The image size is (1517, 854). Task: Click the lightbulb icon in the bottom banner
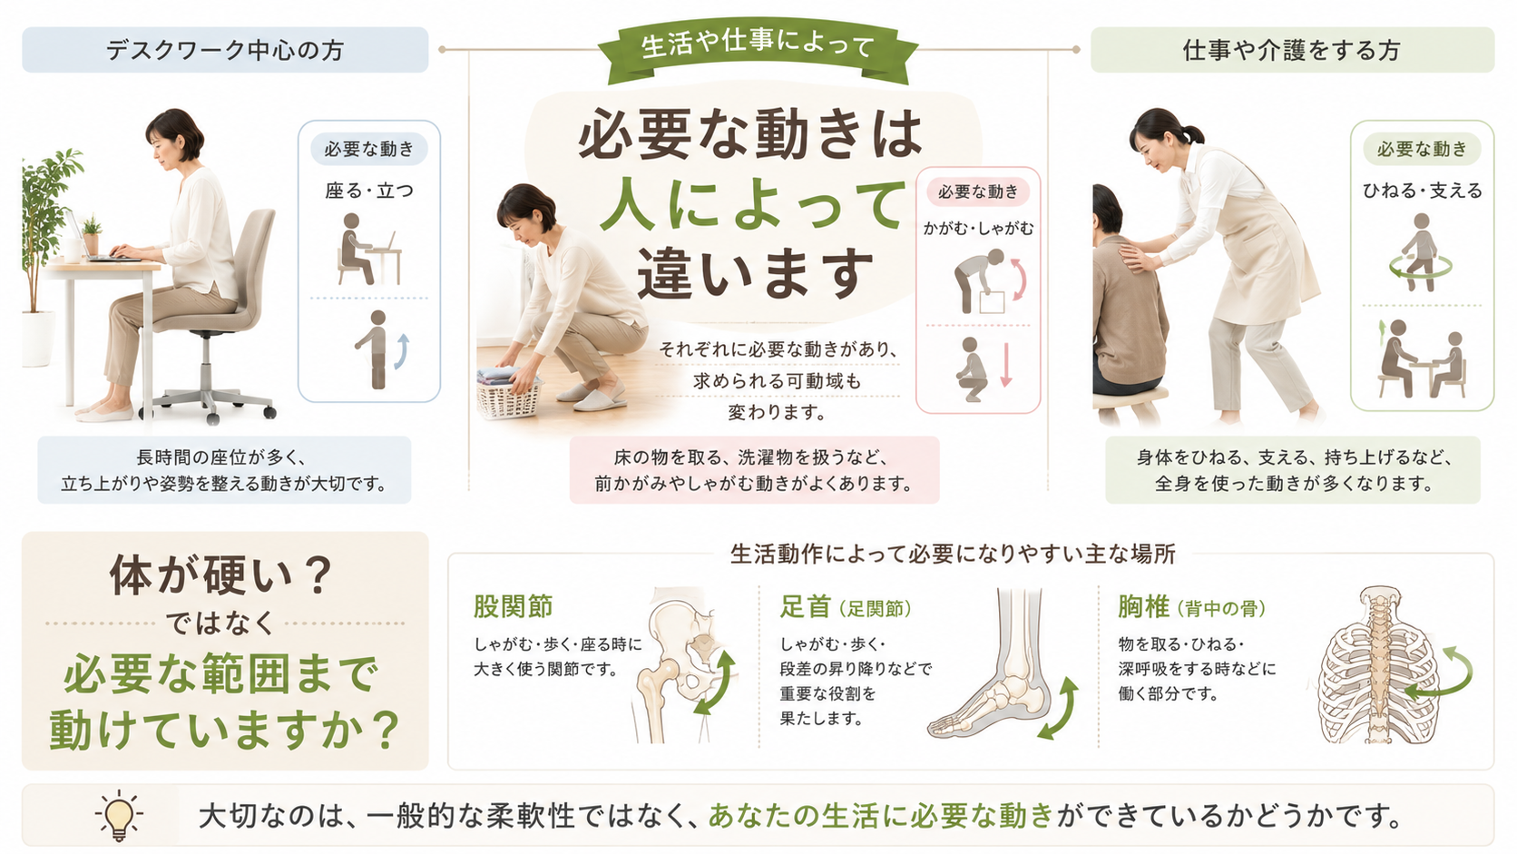tap(119, 815)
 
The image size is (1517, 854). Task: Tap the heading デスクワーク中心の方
tap(225, 50)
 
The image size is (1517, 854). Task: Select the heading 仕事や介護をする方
tap(1291, 50)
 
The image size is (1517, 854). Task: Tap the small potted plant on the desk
tap(91, 235)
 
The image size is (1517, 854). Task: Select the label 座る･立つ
tap(369, 191)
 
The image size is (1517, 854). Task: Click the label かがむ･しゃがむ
tap(978, 229)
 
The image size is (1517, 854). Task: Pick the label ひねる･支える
tap(1423, 191)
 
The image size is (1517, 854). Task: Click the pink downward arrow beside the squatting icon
tap(1005, 364)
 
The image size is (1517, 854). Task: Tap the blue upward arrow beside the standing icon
tap(403, 351)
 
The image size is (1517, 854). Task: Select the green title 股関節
tap(514, 606)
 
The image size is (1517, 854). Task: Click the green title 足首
tap(806, 606)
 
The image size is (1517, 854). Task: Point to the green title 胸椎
tap(1143, 606)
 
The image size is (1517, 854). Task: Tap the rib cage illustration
tap(1376, 667)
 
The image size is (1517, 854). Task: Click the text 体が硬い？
tap(221, 575)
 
